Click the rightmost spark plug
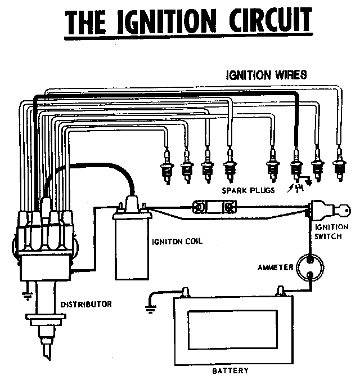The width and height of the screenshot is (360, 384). click(x=339, y=165)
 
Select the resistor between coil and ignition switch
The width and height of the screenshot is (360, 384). click(x=214, y=207)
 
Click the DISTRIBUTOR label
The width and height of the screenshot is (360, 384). click(x=86, y=304)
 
